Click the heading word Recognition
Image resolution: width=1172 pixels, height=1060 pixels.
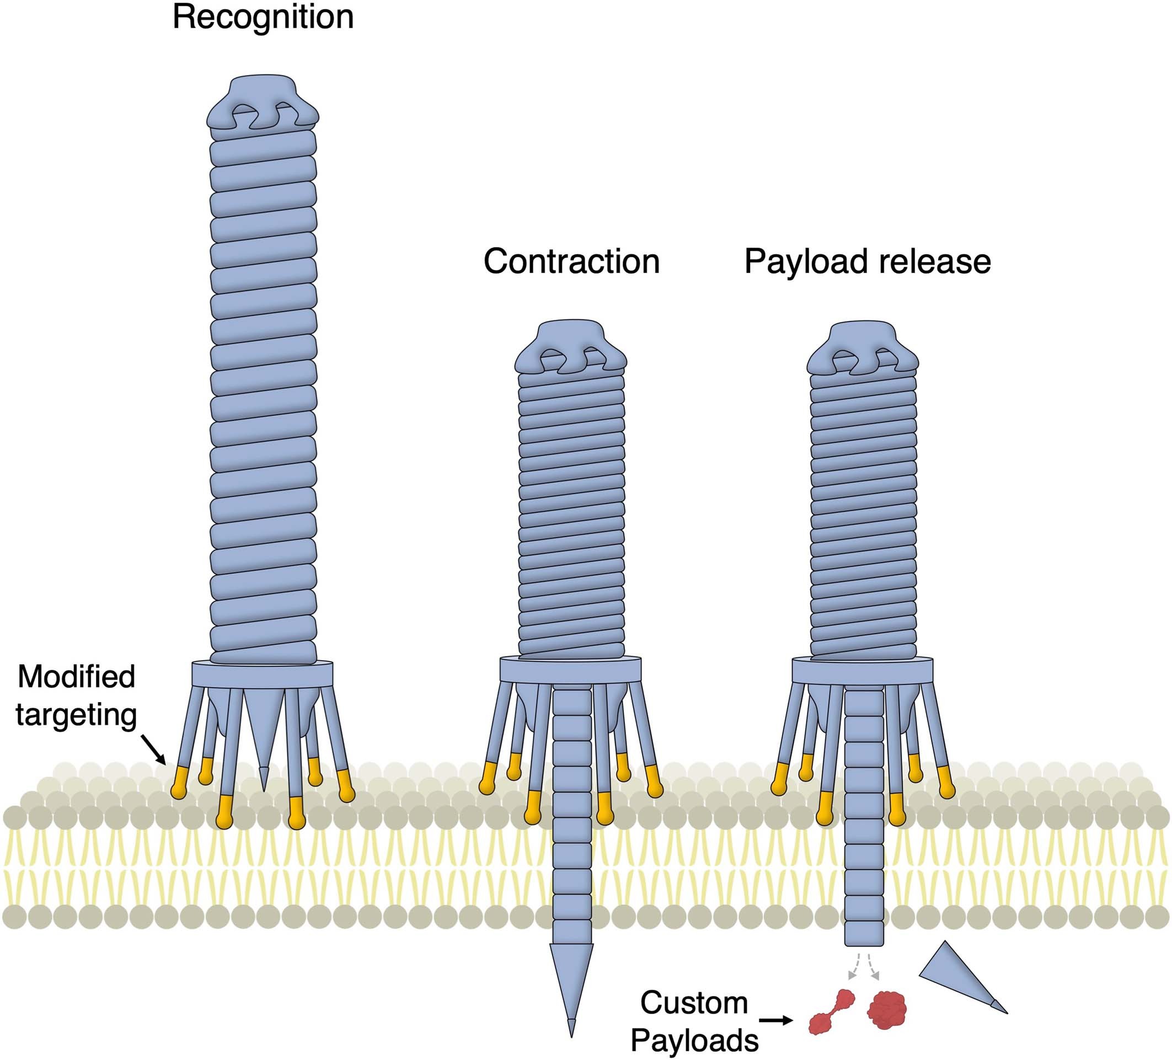(263, 18)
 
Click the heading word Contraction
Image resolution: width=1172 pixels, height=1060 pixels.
(571, 261)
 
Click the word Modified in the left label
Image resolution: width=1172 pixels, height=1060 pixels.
(76, 677)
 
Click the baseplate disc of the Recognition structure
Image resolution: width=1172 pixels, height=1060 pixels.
(262, 674)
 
